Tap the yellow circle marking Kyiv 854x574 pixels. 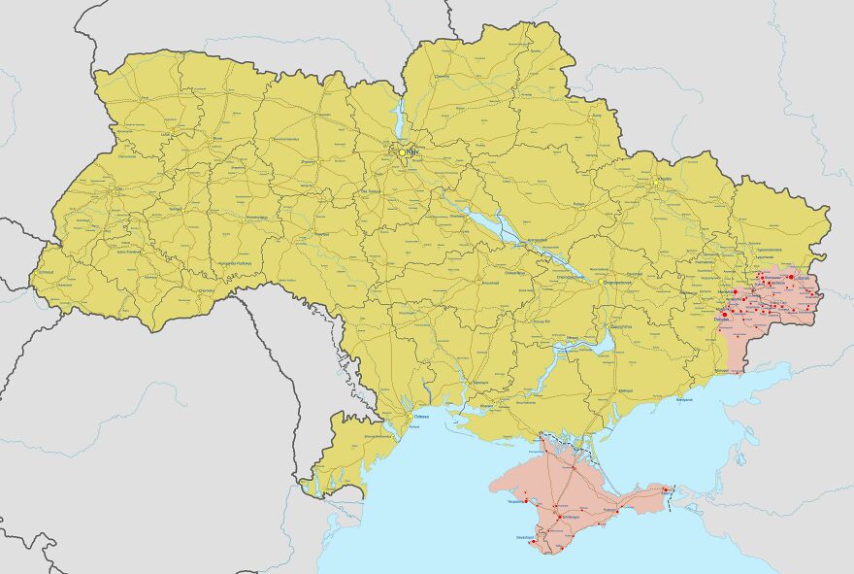[x=402, y=152]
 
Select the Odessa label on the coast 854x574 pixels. [x=422, y=416]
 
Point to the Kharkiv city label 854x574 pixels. [x=665, y=179]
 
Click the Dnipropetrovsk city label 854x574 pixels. [x=570, y=277]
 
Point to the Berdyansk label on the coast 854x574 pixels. [x=685, y=399]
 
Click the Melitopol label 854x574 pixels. [x=626, y=389]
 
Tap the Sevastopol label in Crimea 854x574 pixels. [x=525, y=537]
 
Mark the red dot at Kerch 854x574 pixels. [x=666, y=489]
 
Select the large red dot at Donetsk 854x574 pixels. [x=725, y=314]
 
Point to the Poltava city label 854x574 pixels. [x=580, y=205]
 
